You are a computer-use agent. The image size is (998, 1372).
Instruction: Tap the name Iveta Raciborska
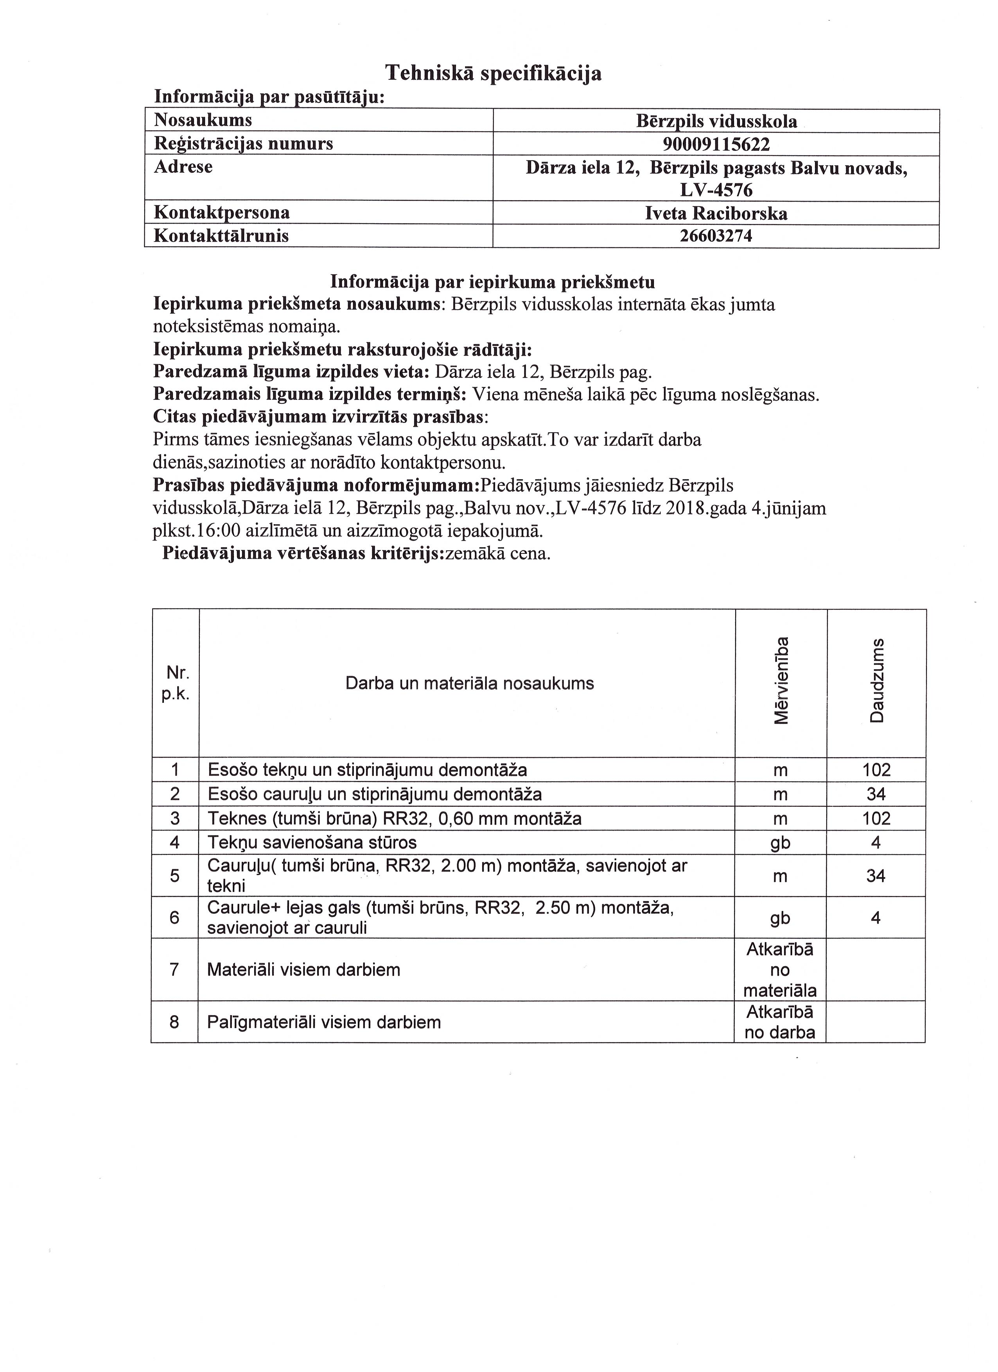click(716, 213)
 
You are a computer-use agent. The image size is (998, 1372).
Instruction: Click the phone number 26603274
click(716, 236)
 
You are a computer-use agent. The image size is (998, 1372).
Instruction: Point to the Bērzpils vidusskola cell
click(716, 122)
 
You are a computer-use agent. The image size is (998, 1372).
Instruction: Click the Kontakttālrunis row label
click(221, 236)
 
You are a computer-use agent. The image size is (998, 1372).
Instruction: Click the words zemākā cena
click(497, 553)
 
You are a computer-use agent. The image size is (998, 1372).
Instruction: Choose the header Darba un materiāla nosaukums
click(469, 684)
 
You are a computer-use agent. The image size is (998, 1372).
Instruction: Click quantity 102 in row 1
click(876, 770)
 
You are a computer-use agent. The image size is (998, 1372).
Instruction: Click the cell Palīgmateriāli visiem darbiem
click(324, 1022)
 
